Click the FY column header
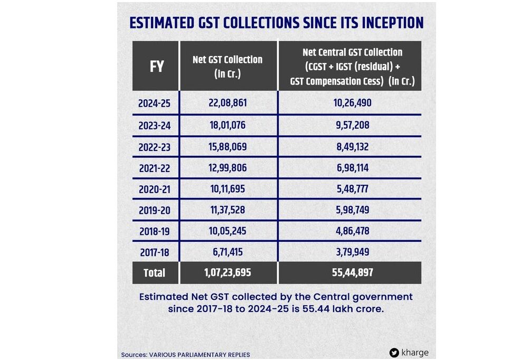point(157,67)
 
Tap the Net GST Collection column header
point(228,67)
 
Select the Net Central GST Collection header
point(352,67)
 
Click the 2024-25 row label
point(155,103)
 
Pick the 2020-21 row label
point(155,188)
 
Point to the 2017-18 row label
point(155,252)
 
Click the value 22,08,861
point(228,103)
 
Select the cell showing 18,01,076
point(228,125)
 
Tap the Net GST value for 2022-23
point(228,146)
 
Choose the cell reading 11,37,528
point(228,210)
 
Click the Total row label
point(154,273)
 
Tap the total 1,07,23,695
point(228,273)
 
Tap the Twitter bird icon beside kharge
point(394,353)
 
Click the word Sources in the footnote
point(132,355)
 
